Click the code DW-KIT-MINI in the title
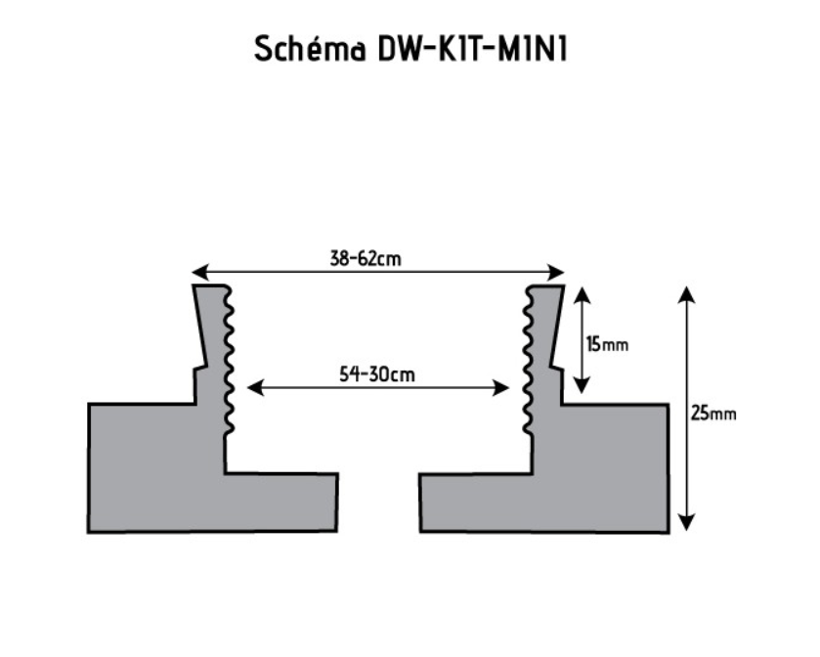[x=472, y=49]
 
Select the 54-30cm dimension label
[x=378, y=373]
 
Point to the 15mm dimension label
[x=607, y=344]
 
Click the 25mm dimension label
[x=713, y=413]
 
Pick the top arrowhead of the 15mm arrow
[x=582, y=294]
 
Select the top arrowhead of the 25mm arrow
[x=687, y=294]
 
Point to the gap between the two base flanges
[x=378, y=503]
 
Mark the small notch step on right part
[x=558, y=369]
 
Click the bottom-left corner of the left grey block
[x=90, y=531]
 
